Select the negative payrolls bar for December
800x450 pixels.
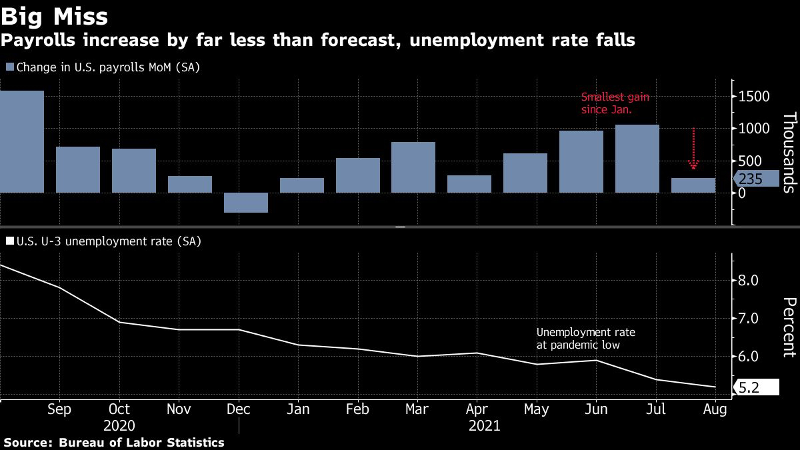coord(246,203)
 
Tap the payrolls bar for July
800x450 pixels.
coord(637,158)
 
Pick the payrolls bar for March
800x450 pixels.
coord(413,167)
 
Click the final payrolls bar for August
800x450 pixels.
coord(693,185)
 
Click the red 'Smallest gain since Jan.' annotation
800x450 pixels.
coord(615,103)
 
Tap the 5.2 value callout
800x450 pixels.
coord(755,388)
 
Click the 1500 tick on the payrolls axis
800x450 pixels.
coord(753,97)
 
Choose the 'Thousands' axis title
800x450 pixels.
coord(789,153)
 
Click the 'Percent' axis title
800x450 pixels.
coord(789,327)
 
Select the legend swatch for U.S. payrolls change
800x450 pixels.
coord(9,67)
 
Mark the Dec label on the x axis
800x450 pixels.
coord(238,409)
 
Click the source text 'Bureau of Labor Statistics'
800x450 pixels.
coord(141,443)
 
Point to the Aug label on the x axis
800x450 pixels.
coord(715,409)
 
